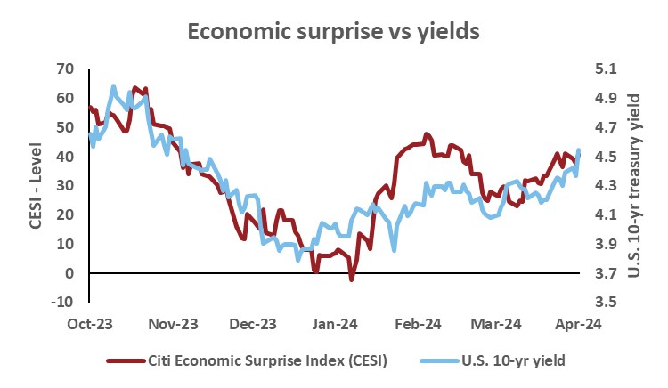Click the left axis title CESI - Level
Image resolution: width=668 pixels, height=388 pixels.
coord(37,183)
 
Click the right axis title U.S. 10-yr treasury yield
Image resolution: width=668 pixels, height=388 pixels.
coord(633,183)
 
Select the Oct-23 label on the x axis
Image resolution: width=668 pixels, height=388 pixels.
coord(89,324)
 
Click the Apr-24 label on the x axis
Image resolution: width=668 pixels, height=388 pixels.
coord(579,324)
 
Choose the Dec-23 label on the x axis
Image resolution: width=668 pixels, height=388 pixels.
coord(252,324)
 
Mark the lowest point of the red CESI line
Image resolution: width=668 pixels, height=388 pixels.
coord(351,279)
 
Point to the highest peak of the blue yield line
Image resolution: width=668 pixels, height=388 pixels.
coord(113,86)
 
